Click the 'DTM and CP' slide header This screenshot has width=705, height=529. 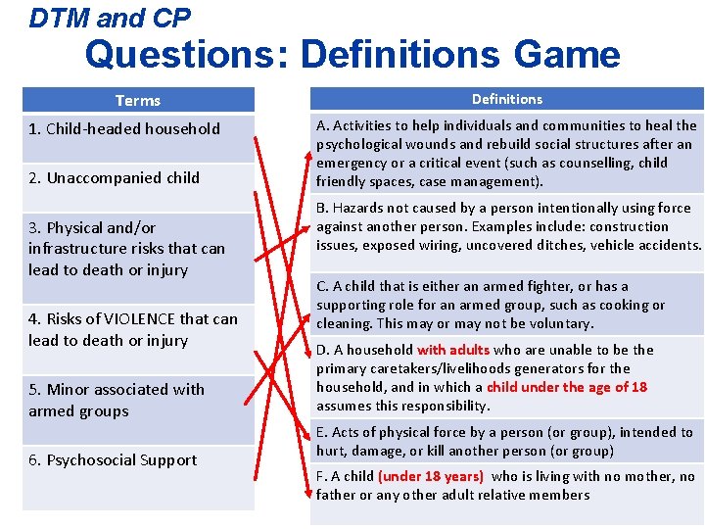(110, 17)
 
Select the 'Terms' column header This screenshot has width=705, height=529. (137, 100)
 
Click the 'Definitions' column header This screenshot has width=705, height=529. (506, 99)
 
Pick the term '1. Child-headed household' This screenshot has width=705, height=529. (124, 128)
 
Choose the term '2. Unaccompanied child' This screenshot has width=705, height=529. (114, 177)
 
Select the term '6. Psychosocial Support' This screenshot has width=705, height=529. (113, 459)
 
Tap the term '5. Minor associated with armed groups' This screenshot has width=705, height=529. (117, 400)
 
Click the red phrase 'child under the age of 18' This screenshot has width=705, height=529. (567, 387)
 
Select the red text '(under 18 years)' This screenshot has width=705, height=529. (431, 476)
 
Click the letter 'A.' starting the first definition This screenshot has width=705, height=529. (322, 125)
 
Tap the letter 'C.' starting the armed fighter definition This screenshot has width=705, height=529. (322, 286)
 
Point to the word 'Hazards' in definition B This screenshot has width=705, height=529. (358, 208)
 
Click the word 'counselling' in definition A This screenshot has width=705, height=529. (598, 163)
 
